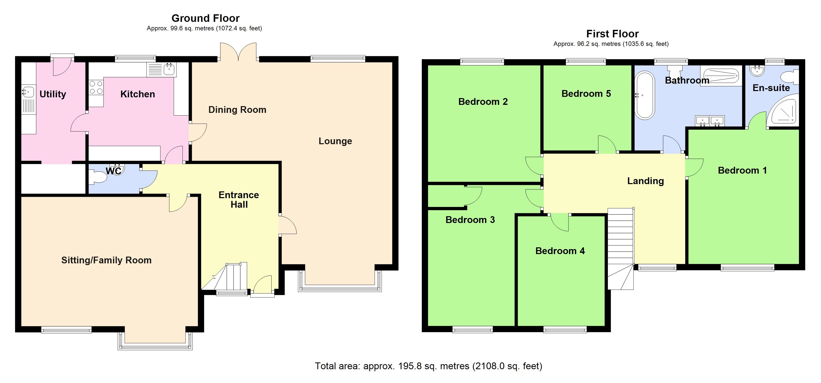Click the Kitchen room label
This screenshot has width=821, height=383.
tap(137, 94)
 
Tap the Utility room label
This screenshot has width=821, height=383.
tap(52, 94)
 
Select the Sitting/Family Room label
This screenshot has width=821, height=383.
tap(106, 260)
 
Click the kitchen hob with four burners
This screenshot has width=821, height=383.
tap(96, 88)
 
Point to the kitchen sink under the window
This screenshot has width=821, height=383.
tap(169, 69)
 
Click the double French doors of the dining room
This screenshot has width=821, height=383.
tap(238, 52)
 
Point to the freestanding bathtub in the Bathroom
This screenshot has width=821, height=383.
tap(644, 96)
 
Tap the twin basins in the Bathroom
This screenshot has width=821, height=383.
tap(710, 121)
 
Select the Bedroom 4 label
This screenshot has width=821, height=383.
tap(560, 251)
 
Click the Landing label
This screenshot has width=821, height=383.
tap(646, 181)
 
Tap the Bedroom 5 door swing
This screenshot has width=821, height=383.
tap(607, 144)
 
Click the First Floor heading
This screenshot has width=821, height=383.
tap(612, 34)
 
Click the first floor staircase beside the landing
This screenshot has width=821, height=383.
tap(620, 242)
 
